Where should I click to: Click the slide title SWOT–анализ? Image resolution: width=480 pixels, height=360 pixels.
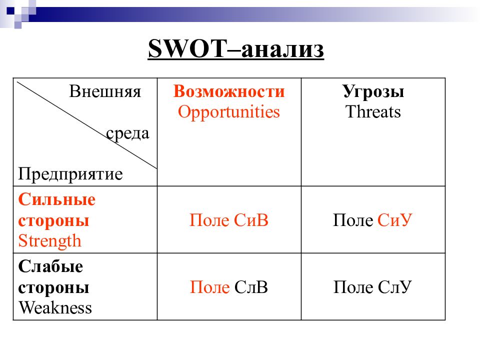click(236, 50)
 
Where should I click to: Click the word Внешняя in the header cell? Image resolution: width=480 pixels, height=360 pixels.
click(105, 92)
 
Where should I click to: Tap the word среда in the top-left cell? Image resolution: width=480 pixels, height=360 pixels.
click(127, 133)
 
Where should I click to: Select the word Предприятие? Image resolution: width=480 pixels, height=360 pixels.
click(70, 174)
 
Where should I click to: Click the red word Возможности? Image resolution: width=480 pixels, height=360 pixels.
click(229, 91)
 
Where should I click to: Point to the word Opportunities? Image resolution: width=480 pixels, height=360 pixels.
click(229, 112)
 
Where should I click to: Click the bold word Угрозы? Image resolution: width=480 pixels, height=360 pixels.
click(373, 91)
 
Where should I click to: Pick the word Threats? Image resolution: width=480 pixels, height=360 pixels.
click(373, 112)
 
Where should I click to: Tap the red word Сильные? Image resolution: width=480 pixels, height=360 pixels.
click(57, 200)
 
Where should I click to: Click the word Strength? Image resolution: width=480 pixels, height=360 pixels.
click(49, 241)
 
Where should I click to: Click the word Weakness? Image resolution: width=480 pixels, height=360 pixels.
click(55, 307)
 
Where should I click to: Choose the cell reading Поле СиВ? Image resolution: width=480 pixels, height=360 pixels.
click(229, 220)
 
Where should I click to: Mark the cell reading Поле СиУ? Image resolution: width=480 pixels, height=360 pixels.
click(373, 220)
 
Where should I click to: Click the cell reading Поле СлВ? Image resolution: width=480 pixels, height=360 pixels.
click(229, 287)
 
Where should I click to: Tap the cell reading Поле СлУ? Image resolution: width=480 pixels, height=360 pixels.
click(373, 287)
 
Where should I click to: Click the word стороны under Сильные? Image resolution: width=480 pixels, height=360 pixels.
click(54, 220)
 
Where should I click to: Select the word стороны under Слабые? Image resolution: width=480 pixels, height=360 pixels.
click(54, 287)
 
